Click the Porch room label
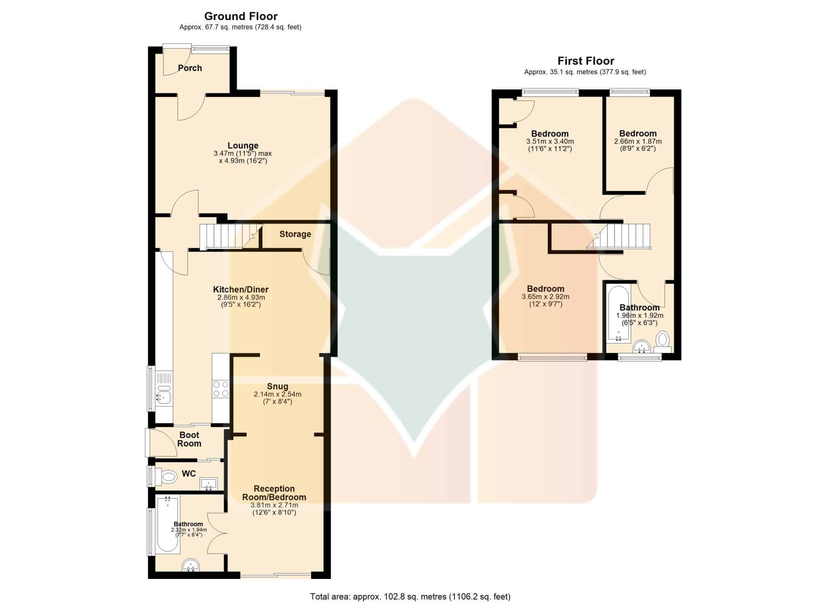coord(190,68)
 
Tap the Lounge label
coord(243,146)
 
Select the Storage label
coord(295,234)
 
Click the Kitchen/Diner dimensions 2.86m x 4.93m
coord(241,298)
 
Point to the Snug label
coord(277,387)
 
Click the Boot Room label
coord(189,439)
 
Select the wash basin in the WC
coord(209,484)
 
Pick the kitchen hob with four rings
coord(221,389)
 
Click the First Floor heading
coord(586,61)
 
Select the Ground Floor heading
coord(241,16)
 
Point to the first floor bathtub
coord(618,314)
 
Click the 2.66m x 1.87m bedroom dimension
coord(638,142)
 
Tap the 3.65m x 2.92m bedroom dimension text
coord(545,297)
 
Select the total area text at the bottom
coord(410,597)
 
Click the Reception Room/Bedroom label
coord(274,493)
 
